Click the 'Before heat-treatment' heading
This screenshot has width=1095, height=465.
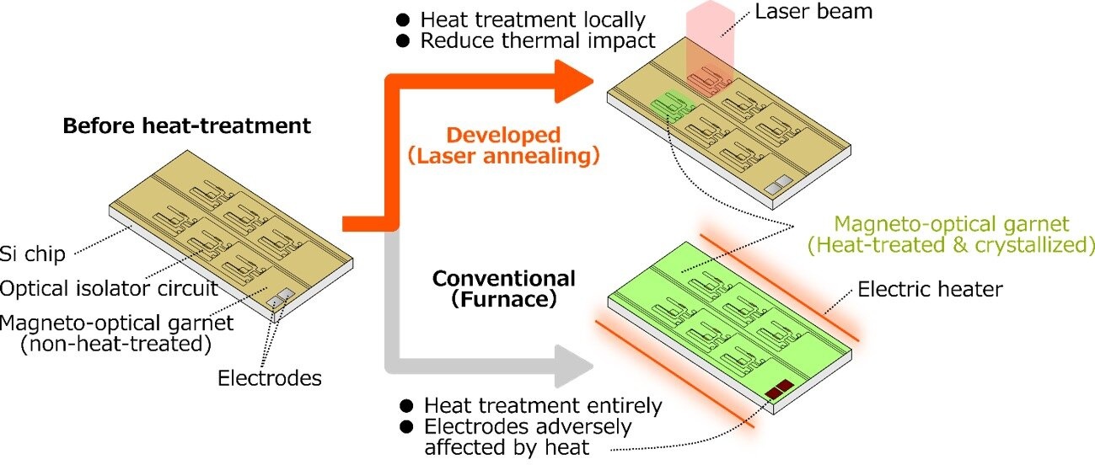click(187, 126)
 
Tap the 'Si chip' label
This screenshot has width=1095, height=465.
click(32, 254)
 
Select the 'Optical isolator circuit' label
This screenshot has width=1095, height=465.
click(109, 288)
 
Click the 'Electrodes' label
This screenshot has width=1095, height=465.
click(270, 378)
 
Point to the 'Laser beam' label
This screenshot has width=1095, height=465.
click(813, 11)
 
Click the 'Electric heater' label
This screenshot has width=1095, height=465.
click(930, 289)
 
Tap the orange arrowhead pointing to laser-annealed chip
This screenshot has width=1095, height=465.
click(574, 82)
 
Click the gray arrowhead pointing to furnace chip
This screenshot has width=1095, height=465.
click(574, 366)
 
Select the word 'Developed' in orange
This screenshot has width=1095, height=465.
click(503, 136)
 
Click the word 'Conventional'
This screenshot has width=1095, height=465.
click(503, 279)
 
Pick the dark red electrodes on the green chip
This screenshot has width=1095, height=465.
click(779, 389)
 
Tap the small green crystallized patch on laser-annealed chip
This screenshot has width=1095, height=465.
click(672, 104)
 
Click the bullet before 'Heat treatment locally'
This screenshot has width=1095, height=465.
click(403, 19)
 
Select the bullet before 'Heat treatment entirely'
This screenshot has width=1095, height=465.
click(406, 405)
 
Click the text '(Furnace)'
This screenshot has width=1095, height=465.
click(503, 299)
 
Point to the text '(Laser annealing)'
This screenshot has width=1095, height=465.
click(503, 157)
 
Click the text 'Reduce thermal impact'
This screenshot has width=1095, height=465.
click(538, 40)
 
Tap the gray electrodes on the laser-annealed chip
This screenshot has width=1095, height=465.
click(779, 184)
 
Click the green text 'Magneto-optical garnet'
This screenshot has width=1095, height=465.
click(952, 224)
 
